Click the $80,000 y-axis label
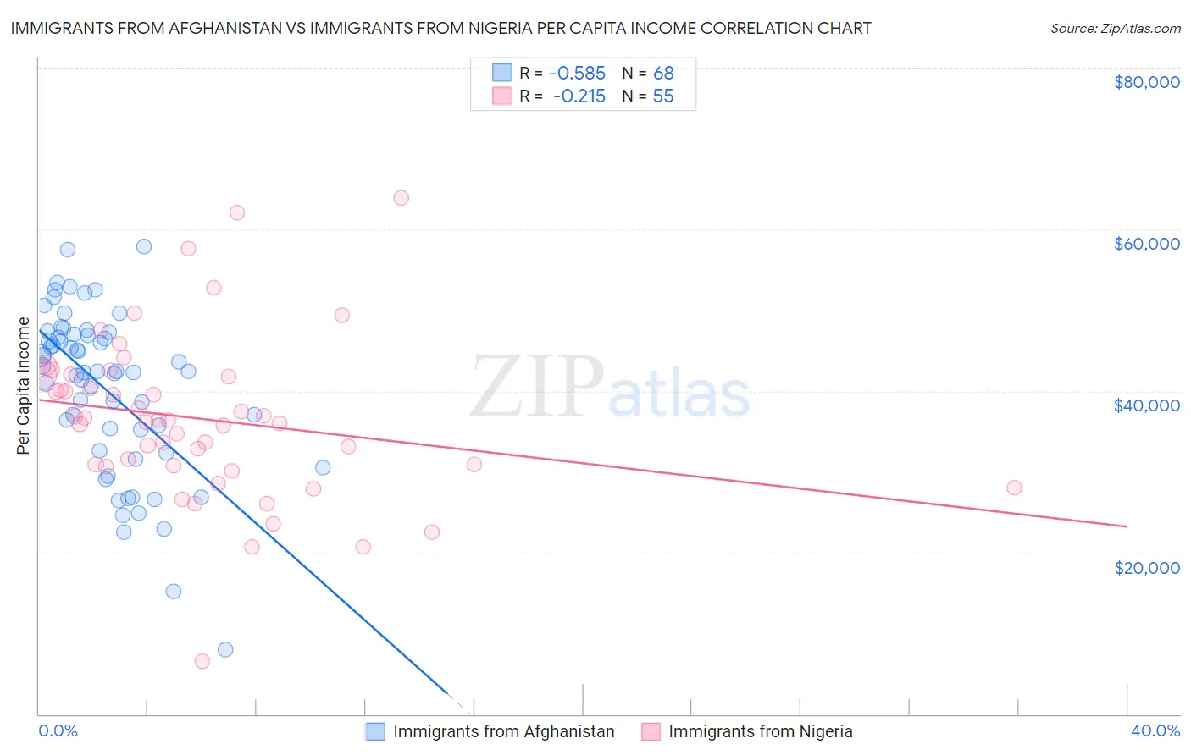[x=1146, y=82]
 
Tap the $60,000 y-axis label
[x=1146, y=244]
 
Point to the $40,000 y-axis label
[x=1146, y=405]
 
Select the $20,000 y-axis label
[x=1146, y=567]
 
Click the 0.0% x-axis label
[x=58, y=730]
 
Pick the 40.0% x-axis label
[x=1155, y=730]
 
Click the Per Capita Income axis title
[x=24, y=386]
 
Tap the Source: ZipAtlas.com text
[x=1115, y=28]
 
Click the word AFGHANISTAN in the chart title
[x=210, y=28]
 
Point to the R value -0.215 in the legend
[x=579, y=96]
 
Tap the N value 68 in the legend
[x=663, y=74]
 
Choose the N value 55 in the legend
[x=663, y=96]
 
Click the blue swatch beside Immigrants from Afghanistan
[x=375, y=731]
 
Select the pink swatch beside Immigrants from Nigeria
[x=651, y=731]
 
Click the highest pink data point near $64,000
[x=402, y=198]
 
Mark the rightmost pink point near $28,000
[x=1014, y=488]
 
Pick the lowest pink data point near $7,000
[x=202, y=661]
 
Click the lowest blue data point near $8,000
[x=225, y=649]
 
